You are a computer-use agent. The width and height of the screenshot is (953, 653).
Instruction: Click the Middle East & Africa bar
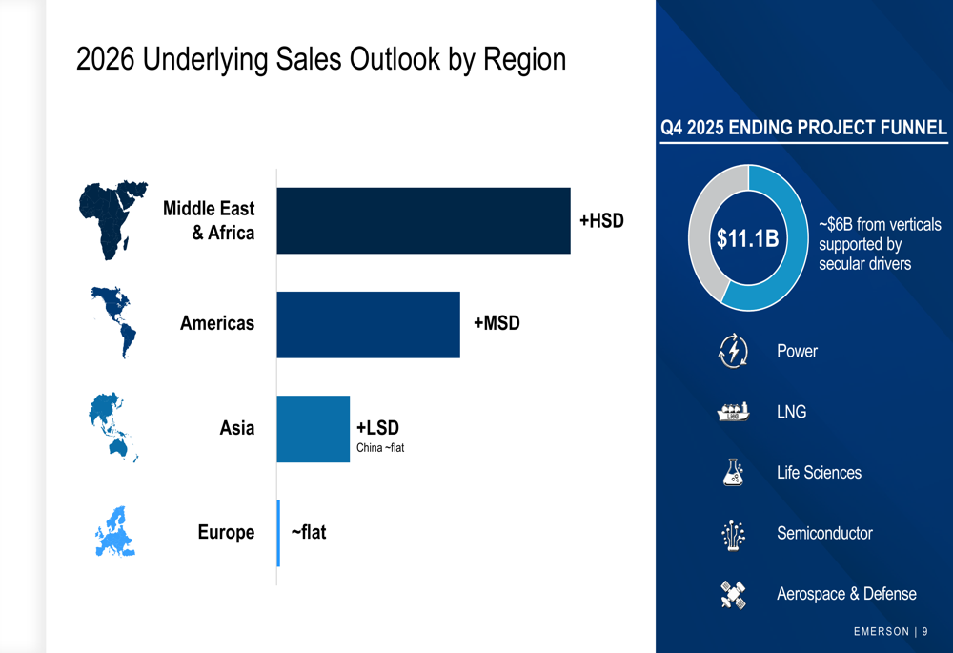click(x=423, y=220)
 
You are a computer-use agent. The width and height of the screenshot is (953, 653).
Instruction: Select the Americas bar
click(x=368, y=325)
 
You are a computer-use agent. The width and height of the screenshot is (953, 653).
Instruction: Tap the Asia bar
click(x=313, y=429)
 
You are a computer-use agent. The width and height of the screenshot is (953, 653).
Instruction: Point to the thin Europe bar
click(x=278, y=533)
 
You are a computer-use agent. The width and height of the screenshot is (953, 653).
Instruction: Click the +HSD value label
click(x=601, y=220)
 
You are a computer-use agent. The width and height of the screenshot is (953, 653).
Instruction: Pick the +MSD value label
click(x=497, y=323)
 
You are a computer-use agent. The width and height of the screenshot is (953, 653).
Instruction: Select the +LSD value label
click(x=377, y=428)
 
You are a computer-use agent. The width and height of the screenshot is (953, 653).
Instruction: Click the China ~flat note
click(x=380, y=447)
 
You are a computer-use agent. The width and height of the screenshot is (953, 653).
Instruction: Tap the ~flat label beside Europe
click(x=308, y=532)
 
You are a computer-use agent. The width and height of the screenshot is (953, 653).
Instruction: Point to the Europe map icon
click(x=114, y=531)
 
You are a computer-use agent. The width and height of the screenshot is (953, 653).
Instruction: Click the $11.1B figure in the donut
click(x=748, y=238)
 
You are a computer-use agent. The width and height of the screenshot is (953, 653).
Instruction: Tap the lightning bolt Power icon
click(x=733, y=351)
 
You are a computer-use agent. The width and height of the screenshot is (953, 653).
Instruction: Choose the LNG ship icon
click(x=733, y=412)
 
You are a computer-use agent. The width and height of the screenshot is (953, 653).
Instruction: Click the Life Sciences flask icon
click(x=733, y=472)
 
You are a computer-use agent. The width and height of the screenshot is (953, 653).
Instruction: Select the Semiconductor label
click(x=824, y=533)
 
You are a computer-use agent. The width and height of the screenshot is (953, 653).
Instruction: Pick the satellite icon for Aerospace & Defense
click(x=733, y=594)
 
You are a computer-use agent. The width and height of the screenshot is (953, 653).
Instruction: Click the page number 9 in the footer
click(x=924, y=631)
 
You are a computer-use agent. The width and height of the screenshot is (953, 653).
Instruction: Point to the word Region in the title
click(x=525, y=60)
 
